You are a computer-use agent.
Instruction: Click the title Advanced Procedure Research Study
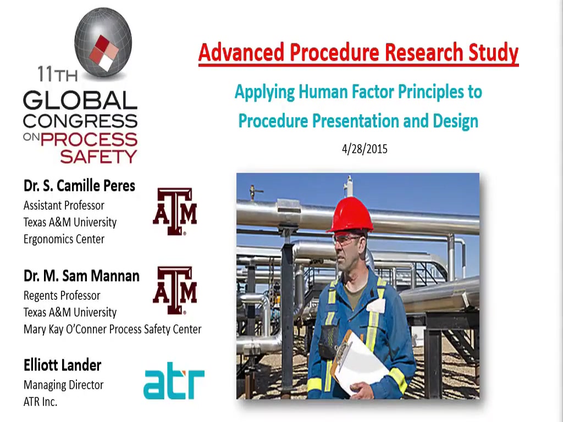coord(358,52)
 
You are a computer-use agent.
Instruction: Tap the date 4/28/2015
coord(365,149)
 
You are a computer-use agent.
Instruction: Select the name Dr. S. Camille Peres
coord(79,186)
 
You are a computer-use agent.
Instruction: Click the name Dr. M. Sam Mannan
coord(81,276)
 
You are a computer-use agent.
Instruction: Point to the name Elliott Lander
coord(63,365)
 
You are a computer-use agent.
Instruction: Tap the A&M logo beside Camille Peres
coord(175,212)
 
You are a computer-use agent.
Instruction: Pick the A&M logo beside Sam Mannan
coord(175,290)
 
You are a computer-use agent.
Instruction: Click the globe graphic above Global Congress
coord(103,42)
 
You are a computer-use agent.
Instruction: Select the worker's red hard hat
coord(350,215)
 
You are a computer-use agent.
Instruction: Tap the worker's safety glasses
coord(347,238)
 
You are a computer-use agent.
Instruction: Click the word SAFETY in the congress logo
coord(98,157)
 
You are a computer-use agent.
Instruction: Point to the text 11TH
coord(57,74)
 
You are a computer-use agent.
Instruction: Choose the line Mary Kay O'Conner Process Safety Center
coord(112,329)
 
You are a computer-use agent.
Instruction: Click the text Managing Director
coord(64,385)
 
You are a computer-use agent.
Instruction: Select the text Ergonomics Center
coord(64,239)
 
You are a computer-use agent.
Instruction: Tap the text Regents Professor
coord(62,295)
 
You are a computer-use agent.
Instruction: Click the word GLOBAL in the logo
coord(80,100)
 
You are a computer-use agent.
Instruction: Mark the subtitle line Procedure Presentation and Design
coord(358,120)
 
